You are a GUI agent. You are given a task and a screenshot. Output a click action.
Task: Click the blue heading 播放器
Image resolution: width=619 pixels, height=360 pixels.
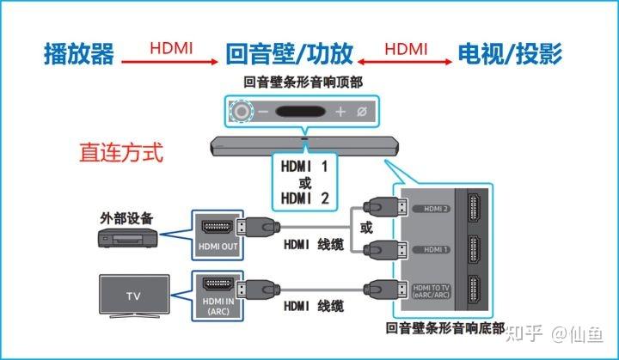[78, 55]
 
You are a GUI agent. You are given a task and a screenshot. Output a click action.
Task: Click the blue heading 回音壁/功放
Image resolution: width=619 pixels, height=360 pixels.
[289, 55]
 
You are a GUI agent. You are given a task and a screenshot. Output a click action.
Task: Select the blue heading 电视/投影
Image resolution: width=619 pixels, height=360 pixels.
[511, 55]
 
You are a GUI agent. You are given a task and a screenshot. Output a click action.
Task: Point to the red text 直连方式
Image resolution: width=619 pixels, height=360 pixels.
[120, 154]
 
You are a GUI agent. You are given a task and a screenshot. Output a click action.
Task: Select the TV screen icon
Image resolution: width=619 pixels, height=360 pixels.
[133, 295]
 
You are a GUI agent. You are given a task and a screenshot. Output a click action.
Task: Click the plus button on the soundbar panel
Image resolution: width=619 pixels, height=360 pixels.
[340, 112]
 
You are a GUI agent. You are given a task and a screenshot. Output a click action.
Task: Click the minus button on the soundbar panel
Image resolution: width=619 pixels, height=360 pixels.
[263, 112]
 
